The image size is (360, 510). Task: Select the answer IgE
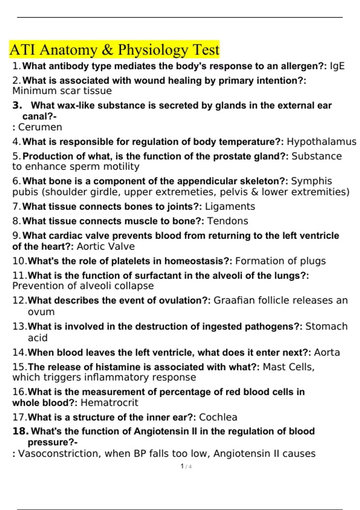pos(337,66)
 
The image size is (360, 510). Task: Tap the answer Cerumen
pos(40,127)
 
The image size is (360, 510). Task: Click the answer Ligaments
pos(230,206)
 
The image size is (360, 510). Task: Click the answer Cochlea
pos(218,417)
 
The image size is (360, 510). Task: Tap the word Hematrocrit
pos(109,403)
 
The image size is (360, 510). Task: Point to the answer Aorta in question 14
pos(327,352)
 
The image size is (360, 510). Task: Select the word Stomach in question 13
pos(326,326)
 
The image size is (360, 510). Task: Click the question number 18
pos(20,431)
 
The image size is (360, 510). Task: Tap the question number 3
pos(17,106)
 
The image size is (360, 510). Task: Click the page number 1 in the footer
pos(182,466)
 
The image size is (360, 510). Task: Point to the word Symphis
pos(312,181)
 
